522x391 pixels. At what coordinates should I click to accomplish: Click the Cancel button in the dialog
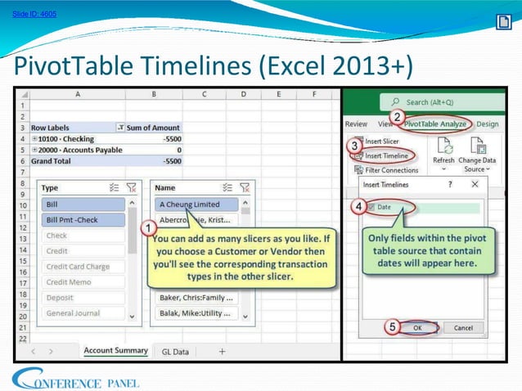463,327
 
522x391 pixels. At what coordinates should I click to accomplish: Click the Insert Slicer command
382,141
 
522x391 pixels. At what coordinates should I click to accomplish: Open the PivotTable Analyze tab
434,124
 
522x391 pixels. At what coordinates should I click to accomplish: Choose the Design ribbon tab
487,124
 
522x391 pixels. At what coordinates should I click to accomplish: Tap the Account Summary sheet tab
115,350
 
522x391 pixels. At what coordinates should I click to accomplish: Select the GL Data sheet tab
175,351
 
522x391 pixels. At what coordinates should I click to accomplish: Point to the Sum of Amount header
153,128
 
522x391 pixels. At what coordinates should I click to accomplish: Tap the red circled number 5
394,327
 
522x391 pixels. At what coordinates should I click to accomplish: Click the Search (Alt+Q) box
442,101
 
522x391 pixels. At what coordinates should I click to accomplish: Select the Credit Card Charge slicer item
79,267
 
